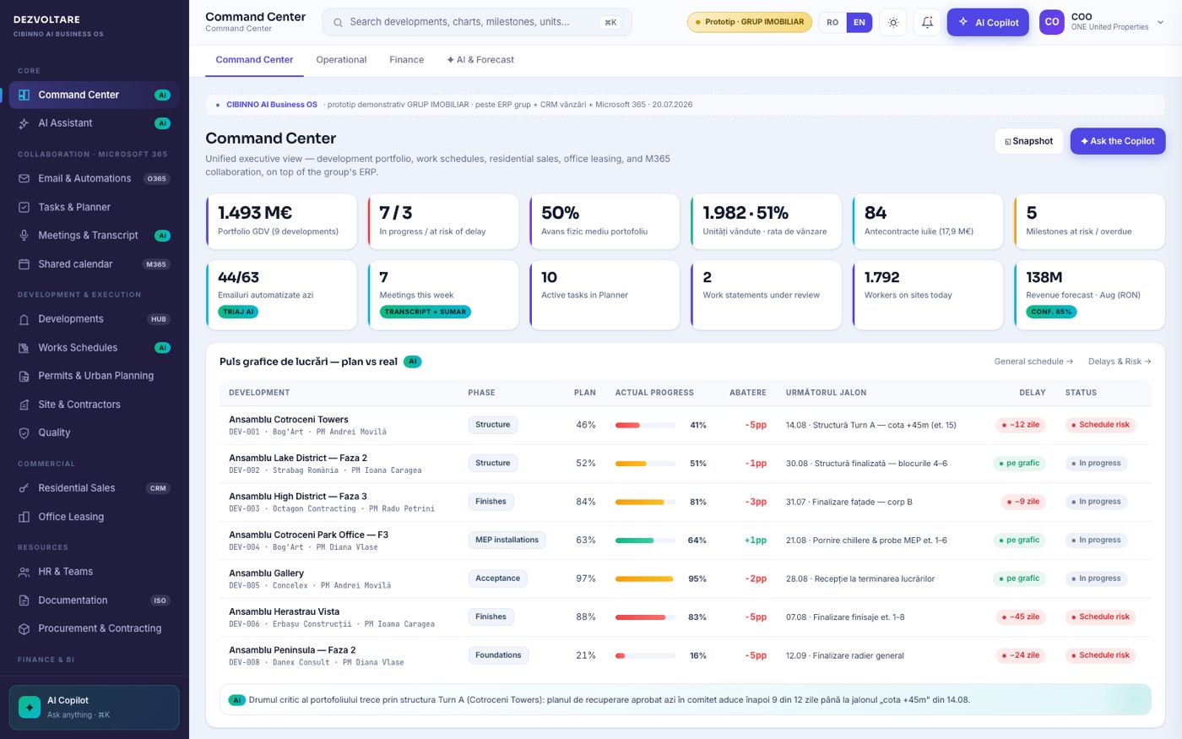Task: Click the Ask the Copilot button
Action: pyautogui.click(x=1118, y=141)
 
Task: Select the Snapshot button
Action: pyautogui.click(x=1029, y=141)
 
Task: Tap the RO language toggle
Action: pyautogui.click(x=832, y=22)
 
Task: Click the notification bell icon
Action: pyautogui.click(x=927, y=22)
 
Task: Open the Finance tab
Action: pyautogui.click(x=406, y=60)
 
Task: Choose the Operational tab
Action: pyautogui.click(x=341, y=60)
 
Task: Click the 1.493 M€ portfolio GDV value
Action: pyautogui.click(x=255, y=213)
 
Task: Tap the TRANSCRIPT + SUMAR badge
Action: pyautogui.click(x=426, y=312)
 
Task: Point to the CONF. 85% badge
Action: pyautogui.click(x=1051, y=312)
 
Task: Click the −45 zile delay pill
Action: pyautogui.click(x=1021, y=617)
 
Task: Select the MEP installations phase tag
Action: pyautogui.click(x=507, y=540)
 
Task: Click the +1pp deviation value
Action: pyautogui.click(x=755, y=540)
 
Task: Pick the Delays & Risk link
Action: pyautogui.click(x=1120, y=361)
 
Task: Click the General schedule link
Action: pyautogui.click(x=1033, y=361)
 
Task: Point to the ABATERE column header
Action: pyautogui.click(x=748, y=393)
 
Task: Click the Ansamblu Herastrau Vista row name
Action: pyautogui.click(x=284, y=611)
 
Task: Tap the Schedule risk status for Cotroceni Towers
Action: pyautogui.click(x=1100, y=424)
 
